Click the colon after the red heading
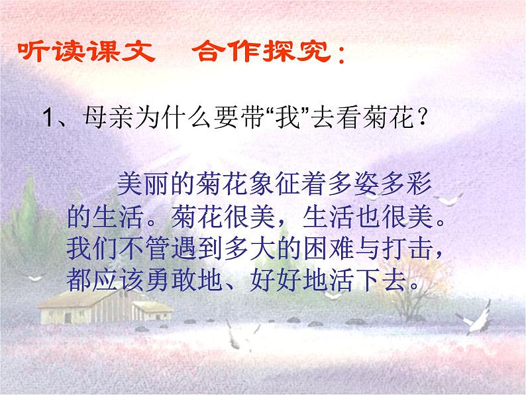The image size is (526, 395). [341, 54]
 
